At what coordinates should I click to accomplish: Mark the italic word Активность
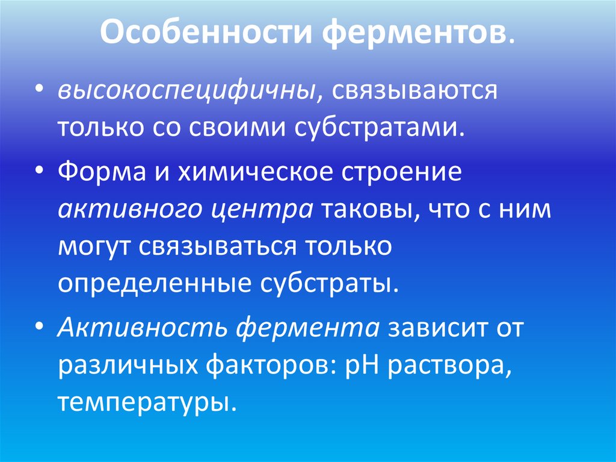pos(142,329)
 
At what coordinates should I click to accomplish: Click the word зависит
pos(437,329)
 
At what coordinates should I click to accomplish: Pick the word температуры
pos(144,402)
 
